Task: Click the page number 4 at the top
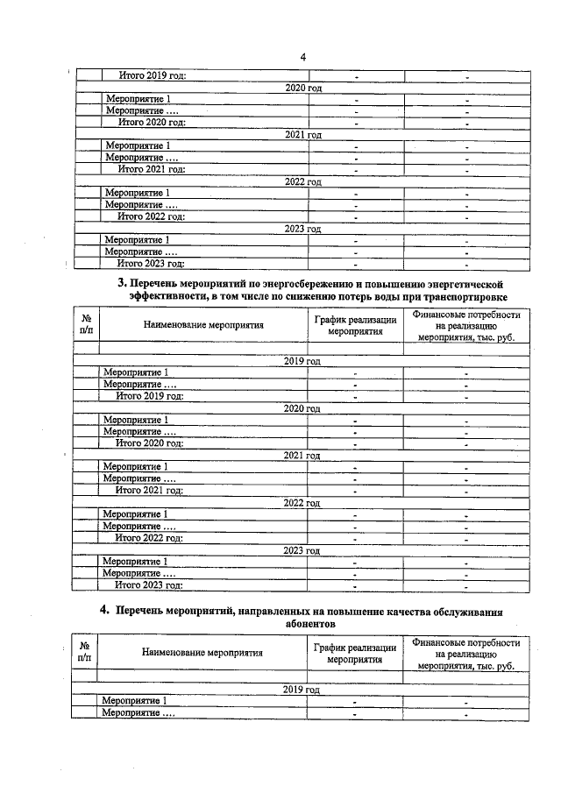(302, 58)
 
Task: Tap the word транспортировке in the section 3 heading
(462, 298)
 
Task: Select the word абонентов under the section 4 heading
(309, 624)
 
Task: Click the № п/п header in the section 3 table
(86, 326)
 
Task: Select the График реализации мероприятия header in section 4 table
(355, 654)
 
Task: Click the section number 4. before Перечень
(103, 611)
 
